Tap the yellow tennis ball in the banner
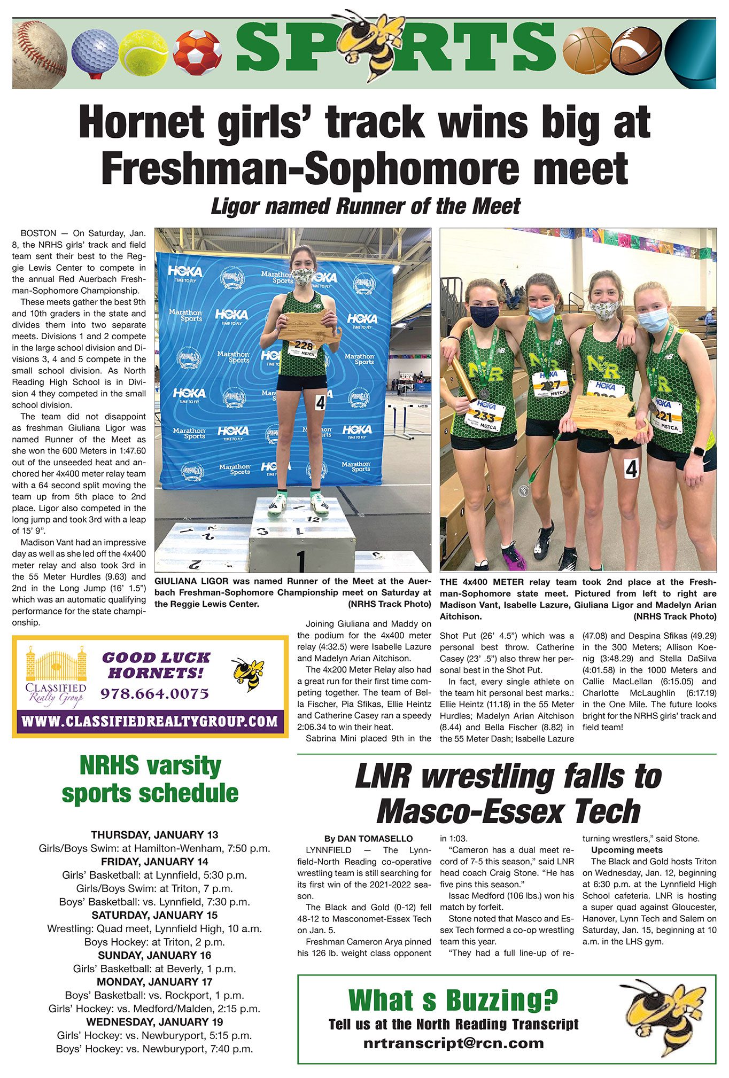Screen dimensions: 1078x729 [143, 53]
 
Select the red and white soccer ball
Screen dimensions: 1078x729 [197, 52]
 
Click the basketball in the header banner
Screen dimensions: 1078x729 [587, 51]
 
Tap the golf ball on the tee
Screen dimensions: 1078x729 [95, 50]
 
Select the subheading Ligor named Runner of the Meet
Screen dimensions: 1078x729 [365, 206]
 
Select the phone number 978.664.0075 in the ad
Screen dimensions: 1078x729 [154, 693]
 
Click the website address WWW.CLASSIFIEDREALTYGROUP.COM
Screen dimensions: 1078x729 [150, 722]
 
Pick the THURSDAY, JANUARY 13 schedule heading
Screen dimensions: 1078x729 [154, 834]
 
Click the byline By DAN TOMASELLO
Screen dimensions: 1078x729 [368, 839]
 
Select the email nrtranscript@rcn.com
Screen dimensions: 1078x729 [453, 1043]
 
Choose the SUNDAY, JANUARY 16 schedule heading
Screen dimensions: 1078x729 [154, 955]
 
